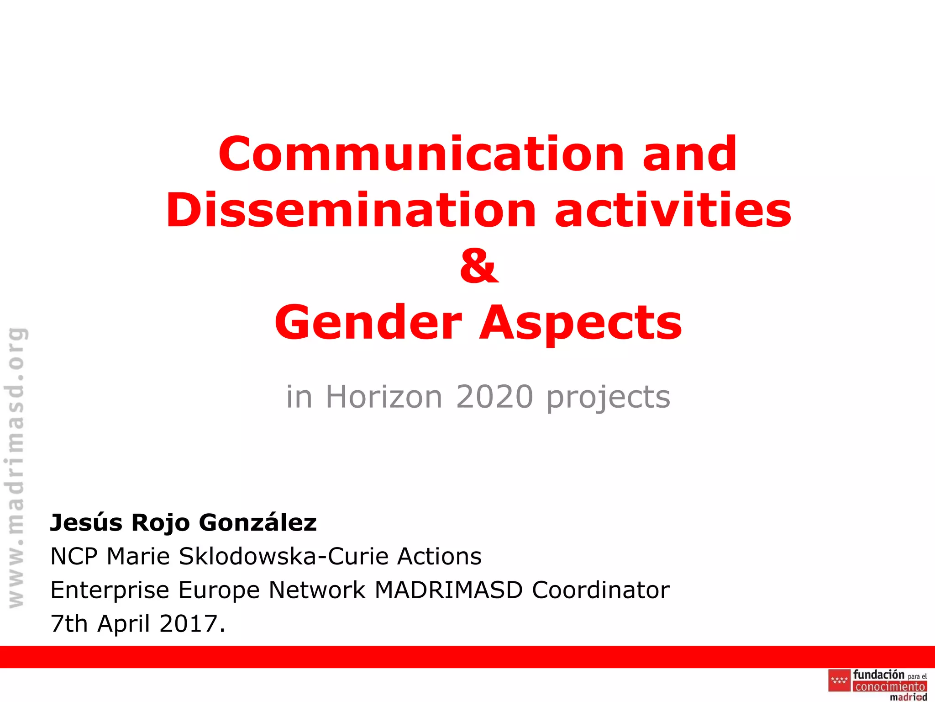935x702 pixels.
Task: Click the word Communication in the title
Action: [x=421, y=154]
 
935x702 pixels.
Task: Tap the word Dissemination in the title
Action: [x=351, y=211]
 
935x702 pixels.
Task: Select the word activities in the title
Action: [x=673, y=211]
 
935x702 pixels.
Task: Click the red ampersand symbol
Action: [x=479, y=266]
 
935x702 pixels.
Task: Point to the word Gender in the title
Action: [x=368, y=323]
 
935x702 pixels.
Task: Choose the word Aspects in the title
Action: [x=580, y=324]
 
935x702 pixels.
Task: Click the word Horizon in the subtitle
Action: [x=383, y=397]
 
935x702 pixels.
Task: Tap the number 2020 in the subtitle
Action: [x=494, y=397]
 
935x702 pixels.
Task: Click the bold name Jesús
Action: [x=86, y=522]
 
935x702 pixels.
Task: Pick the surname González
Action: [x=257, y=522]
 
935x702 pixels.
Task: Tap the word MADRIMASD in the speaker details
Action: [x=448, y=590]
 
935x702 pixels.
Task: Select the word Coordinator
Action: [x=600, y=590]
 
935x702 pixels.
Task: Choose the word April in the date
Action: [x=123, y=623]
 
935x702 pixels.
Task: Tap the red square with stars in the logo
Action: [x=839, y=681]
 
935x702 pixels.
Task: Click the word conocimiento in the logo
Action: [x=890, y=686]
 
